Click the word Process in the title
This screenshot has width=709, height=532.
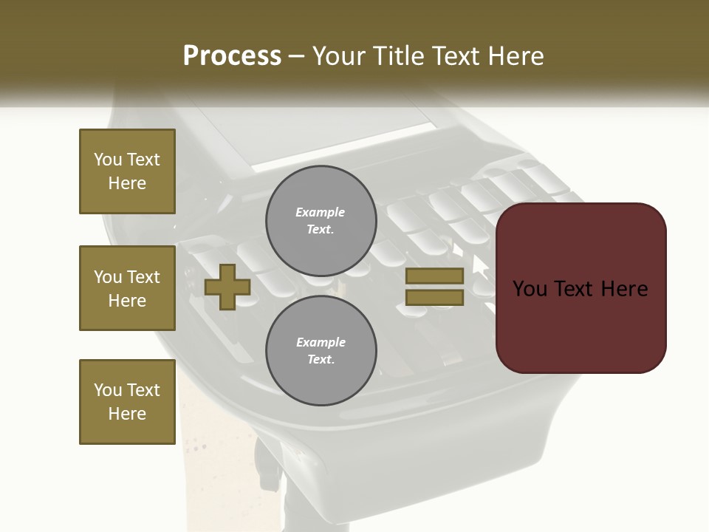(232, 56)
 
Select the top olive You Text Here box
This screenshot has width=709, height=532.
(127, 171)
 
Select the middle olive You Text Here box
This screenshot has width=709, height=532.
(127, 288)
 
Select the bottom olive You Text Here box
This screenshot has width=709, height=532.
(127, 402)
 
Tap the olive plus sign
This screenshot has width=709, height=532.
(227, 287)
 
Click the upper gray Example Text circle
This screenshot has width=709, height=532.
(321, 221)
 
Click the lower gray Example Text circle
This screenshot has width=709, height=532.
(321, 351)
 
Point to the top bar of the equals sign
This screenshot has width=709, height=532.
(434, 276)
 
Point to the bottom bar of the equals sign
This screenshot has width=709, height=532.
(434, 298)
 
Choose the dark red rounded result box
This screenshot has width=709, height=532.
(580, 325)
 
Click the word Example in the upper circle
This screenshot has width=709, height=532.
(320, 213)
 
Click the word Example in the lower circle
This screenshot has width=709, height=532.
(320, 343)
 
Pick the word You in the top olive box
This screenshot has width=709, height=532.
(107, 160)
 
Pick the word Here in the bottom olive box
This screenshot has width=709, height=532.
(127, 414)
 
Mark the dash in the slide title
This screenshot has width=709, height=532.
(296, 57)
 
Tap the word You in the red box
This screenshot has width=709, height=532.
(530, 289)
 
